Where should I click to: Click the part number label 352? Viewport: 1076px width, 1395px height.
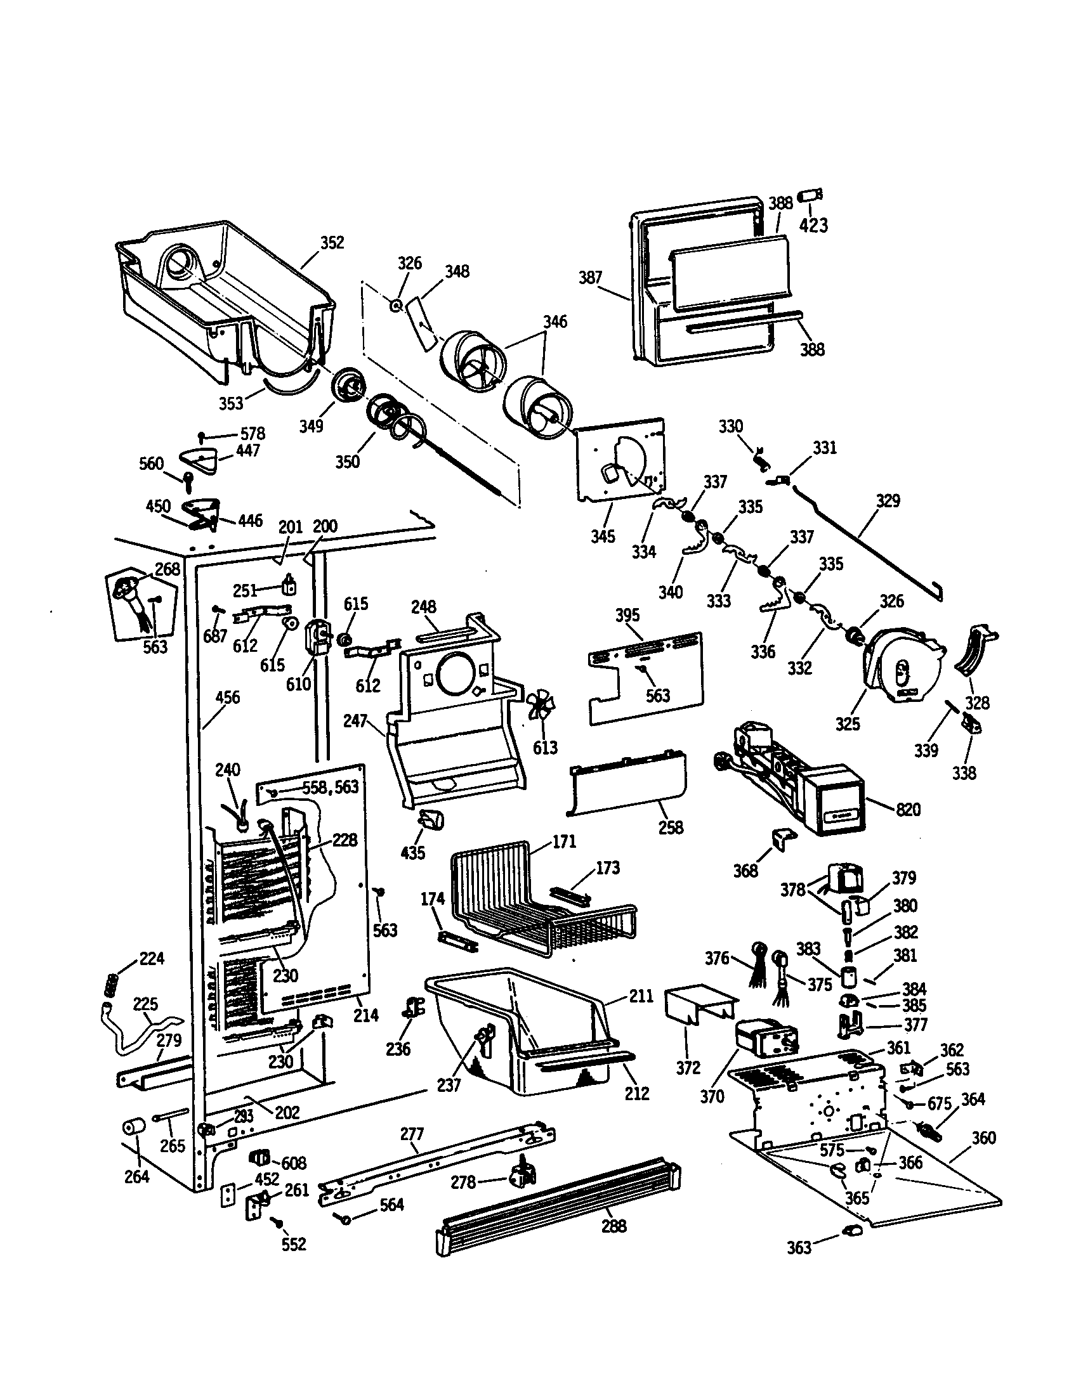[332, 243]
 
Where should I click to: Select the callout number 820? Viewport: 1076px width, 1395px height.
[908, 810]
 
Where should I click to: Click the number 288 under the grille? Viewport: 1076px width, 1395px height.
[613, 1226]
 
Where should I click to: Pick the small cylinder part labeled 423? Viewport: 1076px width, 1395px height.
[811, 194]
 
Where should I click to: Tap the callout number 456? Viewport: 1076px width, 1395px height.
[228, 697]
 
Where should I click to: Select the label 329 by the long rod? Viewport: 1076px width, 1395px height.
[888, 501]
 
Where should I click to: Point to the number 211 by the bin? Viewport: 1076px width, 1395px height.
[641, 996]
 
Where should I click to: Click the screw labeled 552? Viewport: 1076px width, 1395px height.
[278, 1221]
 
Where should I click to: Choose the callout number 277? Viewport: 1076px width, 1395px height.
[412, 1134]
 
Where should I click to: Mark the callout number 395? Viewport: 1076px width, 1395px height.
[627, 615]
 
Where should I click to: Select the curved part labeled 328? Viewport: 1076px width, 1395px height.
[974, 651]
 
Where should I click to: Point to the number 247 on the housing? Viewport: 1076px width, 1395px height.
[355, 721]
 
